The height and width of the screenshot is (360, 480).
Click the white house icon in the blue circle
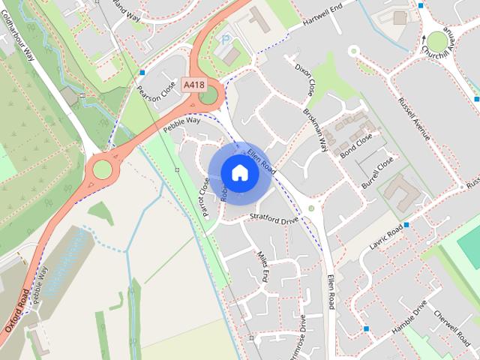[239, 172]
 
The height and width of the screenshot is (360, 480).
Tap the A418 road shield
[193, 85]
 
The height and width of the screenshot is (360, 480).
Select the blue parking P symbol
[223, 39]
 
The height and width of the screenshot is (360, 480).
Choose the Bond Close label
[355, 140]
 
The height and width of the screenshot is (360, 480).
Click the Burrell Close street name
[377, 172]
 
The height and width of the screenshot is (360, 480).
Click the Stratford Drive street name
[274, 219]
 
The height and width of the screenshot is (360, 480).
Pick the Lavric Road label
[385, 239]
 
